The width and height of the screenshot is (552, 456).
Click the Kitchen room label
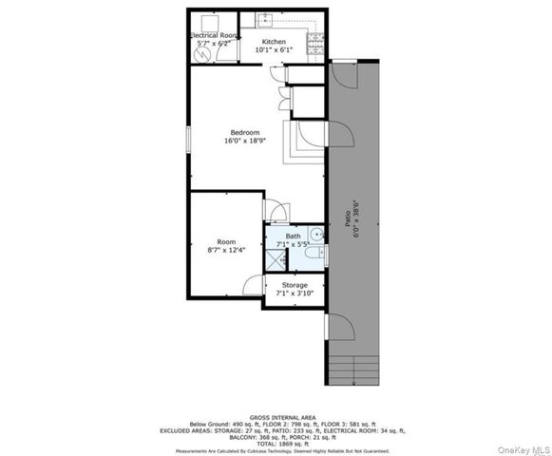[x=274, y=43]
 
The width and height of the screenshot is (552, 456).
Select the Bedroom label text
[x=244, y=132]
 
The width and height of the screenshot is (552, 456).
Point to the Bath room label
[x=293, y=236]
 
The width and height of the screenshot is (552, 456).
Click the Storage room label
[x=294, y=285]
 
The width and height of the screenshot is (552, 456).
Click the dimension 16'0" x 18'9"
[x=244, y=141]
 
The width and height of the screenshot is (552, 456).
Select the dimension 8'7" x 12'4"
[x=226, y=250]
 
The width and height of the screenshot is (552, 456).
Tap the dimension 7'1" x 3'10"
[x=294, y=294]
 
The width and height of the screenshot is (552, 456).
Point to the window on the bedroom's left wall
[x=187, y=139]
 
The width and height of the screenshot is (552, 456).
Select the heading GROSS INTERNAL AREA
[x=276, y=416]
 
